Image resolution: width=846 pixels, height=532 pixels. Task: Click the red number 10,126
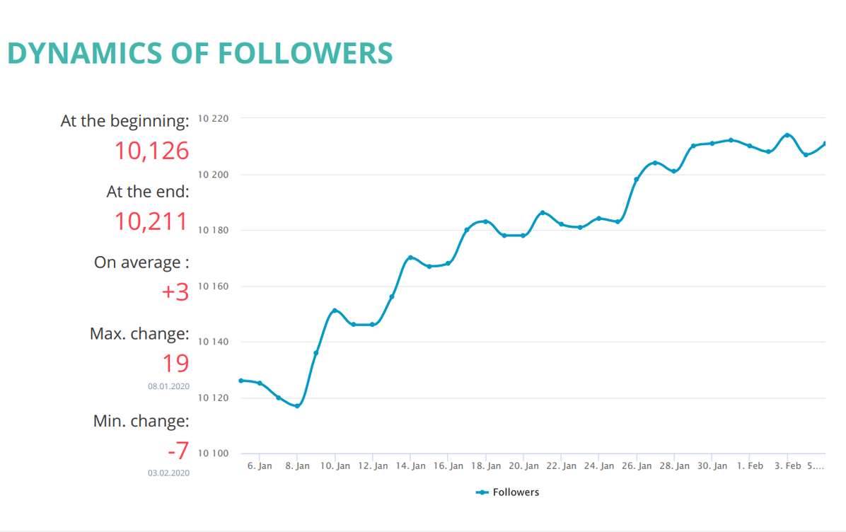152,151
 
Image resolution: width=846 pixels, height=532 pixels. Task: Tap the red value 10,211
152,221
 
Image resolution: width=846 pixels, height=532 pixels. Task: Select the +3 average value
175,291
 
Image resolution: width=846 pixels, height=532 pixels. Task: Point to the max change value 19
175,363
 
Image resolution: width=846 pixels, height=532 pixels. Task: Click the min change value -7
178,451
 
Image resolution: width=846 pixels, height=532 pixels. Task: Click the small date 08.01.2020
168,387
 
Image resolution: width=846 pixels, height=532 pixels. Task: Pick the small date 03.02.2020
168,473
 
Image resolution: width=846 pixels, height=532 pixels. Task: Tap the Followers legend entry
508,492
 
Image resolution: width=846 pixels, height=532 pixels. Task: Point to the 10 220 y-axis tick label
213,118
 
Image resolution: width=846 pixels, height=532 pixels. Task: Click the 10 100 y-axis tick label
213,453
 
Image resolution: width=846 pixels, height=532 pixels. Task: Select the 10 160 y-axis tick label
213,287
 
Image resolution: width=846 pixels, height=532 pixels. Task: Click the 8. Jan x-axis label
297,466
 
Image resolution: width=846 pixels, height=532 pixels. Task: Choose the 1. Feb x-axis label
750,466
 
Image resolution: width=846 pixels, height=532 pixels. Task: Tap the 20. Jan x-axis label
523,466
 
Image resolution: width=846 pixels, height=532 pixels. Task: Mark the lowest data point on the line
297,406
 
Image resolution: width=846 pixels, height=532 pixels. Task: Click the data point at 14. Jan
410,258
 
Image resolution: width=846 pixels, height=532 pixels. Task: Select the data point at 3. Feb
787,135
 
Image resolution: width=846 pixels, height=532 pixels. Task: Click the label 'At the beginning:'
125,121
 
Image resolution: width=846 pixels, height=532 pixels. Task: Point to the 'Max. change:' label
139,333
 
